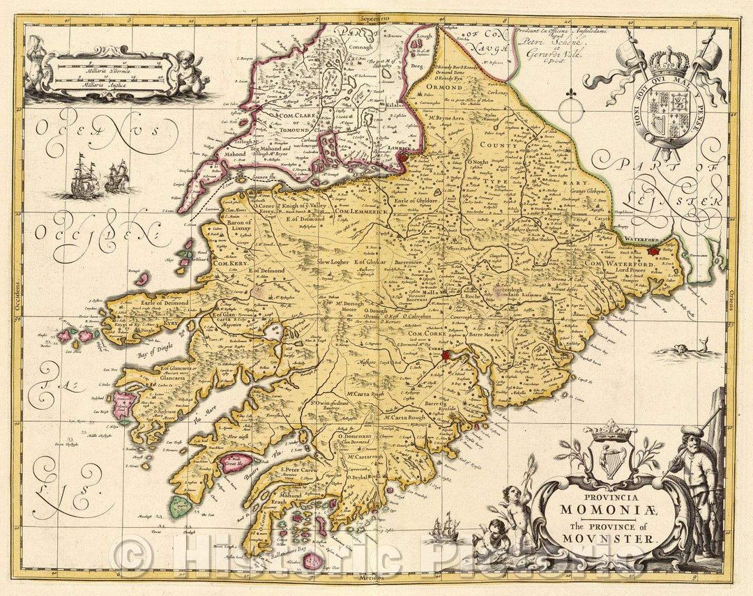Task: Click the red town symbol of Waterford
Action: point(653,250)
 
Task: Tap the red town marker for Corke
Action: point(446,356)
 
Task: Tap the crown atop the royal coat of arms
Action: point(669,63)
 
